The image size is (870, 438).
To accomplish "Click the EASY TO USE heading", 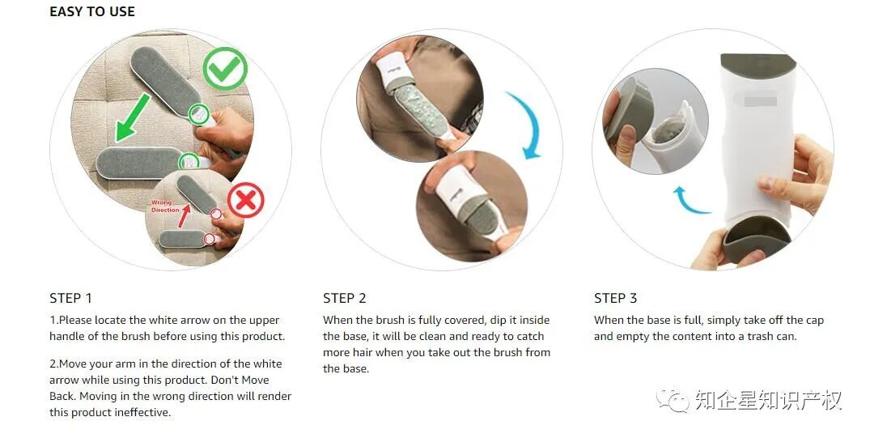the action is [92, 11].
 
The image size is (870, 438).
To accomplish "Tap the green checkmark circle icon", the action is [225, 69].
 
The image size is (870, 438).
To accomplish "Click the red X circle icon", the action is [246, 200].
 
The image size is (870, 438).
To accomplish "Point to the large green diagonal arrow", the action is [134, 117].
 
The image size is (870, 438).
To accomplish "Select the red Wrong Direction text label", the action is [165, 206].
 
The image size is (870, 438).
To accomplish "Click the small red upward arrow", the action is [183, 216].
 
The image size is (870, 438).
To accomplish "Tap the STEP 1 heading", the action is [70, 298].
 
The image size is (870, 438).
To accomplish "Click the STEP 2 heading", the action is [345, 298].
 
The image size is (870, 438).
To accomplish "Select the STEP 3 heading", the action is [615, 298].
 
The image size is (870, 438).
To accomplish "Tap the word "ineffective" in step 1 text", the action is [142, 412].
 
